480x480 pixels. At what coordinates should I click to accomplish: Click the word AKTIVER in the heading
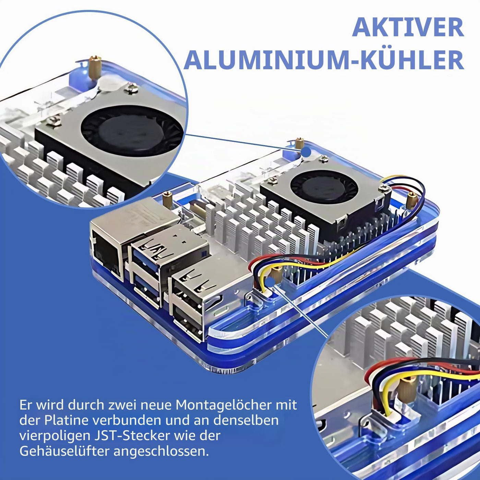pos(408,27)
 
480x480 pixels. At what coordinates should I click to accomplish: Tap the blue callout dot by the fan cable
pos(271,281)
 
